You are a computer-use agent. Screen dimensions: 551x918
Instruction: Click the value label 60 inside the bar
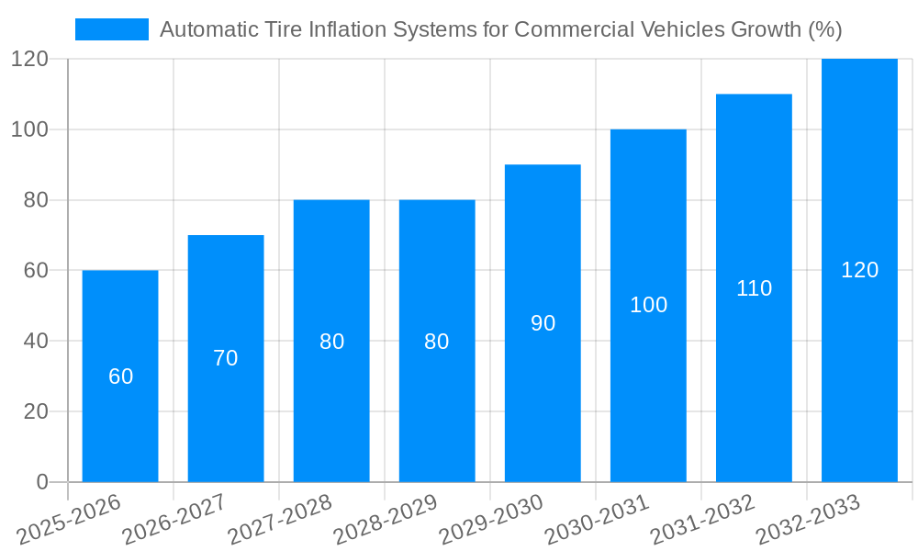(x=121, y=377)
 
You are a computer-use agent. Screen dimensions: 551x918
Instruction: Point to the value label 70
(x=226, y=359)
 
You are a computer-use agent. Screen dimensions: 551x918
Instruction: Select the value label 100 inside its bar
(x=648, y=306)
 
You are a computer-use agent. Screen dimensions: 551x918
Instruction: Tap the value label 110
(x=754, y=288)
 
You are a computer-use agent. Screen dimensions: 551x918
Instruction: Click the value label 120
(x=859, y=270)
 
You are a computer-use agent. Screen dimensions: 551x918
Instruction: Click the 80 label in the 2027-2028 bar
(x=331, y=342)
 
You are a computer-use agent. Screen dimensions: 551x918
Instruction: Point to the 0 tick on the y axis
(x=41, y=482)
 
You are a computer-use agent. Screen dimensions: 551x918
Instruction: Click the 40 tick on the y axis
(x=36, y=341)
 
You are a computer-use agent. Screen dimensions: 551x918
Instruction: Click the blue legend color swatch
(x=111, y=29)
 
